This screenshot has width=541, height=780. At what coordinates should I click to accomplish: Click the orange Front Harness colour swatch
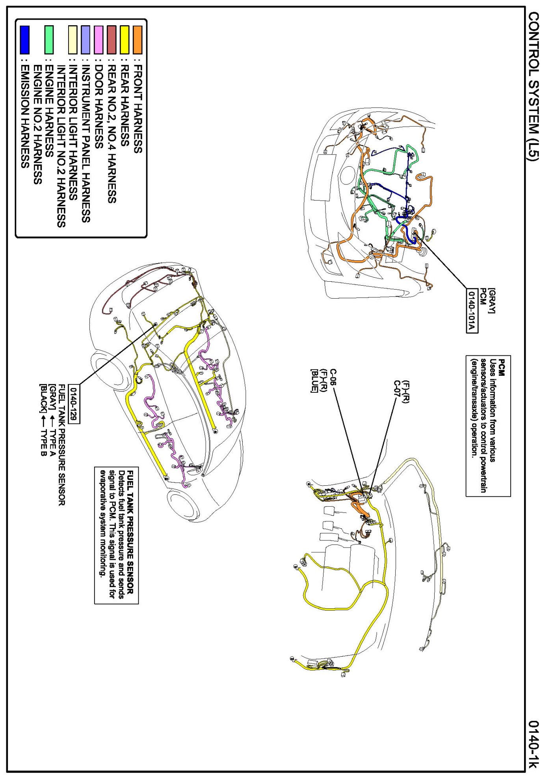pyautogui.click(x=138, y=39)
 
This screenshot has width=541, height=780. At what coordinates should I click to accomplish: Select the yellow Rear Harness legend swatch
pyautogui.click(x=125, y=39)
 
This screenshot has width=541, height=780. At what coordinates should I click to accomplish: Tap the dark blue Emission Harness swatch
pyautogui.click(x=24, y=39)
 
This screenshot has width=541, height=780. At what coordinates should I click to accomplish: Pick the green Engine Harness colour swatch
pyautogui.click(x=49, y=39)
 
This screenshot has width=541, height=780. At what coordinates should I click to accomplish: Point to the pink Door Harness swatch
pyautogui.click(x=99, y=39)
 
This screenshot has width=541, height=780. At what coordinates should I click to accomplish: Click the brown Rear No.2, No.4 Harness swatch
pyautogui.click(x=112, y=39)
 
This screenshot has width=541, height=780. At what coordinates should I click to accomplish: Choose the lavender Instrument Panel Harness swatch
pyautogui.click(x=86, y=39)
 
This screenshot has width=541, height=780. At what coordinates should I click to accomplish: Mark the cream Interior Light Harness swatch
pyautogui.click(x=73, y=39)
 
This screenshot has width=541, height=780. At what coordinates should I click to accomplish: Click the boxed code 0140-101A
pyautogui.click(x=472, y=311)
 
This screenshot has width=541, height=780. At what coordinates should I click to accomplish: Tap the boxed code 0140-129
pyautogui.click(x=74, y=404)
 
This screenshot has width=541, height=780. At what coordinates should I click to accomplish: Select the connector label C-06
pyautogui.click(x=333, y=378)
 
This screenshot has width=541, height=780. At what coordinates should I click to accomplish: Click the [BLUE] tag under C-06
pyautogui.click(x=314, y=381)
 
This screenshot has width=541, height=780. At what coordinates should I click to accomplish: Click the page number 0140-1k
pyautogui.click(x=533, y=744)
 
